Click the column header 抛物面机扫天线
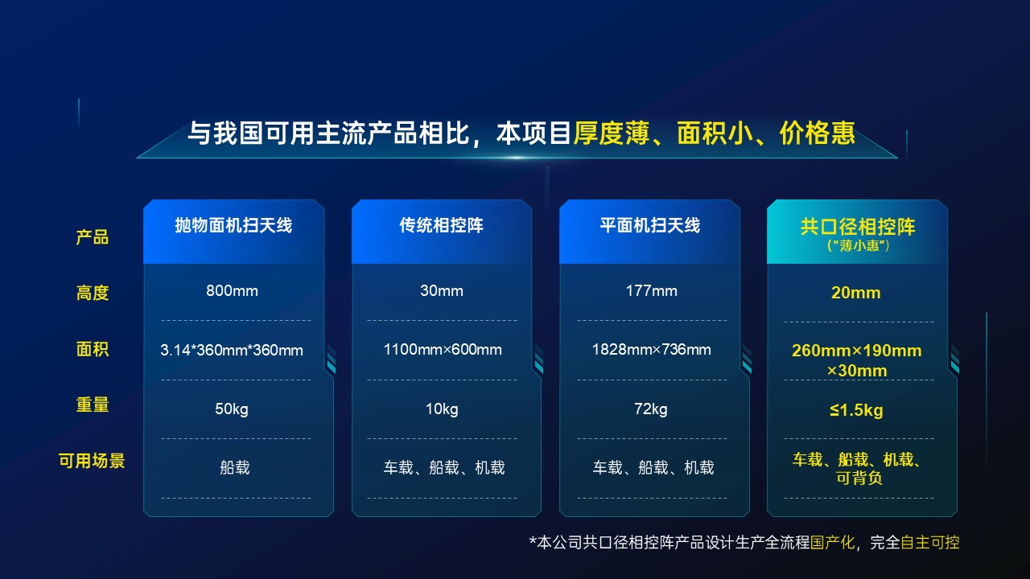(233, 225)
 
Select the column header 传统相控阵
(442, 225)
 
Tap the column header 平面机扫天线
(649, 225)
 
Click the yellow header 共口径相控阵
(858, 227)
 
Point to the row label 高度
(93, 293)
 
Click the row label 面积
(93, 349)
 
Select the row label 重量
(93, 404)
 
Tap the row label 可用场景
(92, 461)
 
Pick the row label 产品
(93, 237)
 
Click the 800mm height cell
(232, 290)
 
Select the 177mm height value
(651, 290)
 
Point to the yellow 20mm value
(855, 293)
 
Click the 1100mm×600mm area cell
(443, 349)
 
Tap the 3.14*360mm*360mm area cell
(232, 350)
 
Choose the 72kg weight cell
(651, 409)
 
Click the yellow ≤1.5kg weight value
(856, 410)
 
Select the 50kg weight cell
(232, 409)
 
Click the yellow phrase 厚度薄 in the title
(611, 133)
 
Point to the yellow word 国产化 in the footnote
(832, 542)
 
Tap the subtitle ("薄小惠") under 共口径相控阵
(858, 245)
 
